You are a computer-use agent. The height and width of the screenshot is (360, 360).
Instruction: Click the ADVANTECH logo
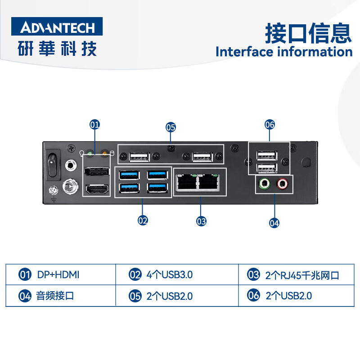[x=57, y=27]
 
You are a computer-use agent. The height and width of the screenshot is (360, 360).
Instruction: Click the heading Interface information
[x=283, y=51]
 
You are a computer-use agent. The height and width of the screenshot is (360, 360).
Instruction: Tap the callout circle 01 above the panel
[x=94, y=125]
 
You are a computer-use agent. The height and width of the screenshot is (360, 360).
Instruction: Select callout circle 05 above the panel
[x=171, y=127]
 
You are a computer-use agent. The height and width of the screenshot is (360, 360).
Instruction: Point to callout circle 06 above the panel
[x=270, y=125]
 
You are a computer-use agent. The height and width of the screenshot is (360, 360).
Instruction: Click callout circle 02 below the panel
[x=143, y=220]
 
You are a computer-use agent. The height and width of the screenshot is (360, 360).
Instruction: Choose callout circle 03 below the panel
[x=201, y=221]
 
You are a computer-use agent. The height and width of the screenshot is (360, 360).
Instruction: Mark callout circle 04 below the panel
[x=274, y=222]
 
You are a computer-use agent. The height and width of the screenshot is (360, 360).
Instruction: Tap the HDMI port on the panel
[x=96, y=190]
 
